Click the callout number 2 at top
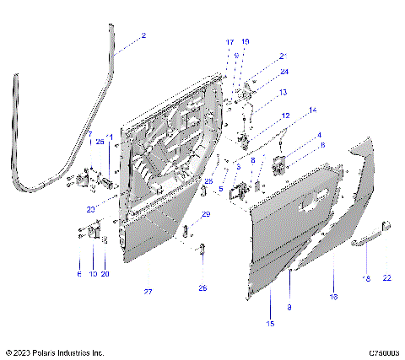pos(143,35)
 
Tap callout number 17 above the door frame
pos(229,41)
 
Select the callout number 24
pos(261,72)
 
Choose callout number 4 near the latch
pos(319,135)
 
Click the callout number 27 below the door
pos(148,292)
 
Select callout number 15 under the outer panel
pos(271,323)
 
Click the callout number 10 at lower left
pos(91,274)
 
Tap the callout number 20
pos(105,274)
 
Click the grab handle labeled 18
pos(364,244)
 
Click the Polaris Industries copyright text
pos(54,352)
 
